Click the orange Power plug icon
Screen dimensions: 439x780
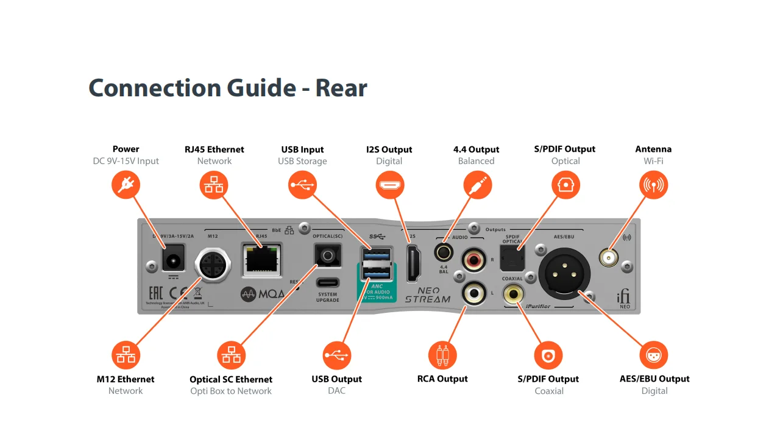(x=126, y=184)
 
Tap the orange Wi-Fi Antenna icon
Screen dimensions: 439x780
(x=653, y=184)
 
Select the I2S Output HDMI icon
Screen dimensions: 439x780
(x=389, y=184)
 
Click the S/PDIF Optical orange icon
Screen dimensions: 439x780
(x=565, y=184)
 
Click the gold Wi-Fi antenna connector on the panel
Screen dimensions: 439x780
(x=608, y=258)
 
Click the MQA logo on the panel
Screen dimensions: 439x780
(x=263, y=293)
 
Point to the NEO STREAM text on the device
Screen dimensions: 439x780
(x=427, y=294)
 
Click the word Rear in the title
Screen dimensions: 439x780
(x=341, y=88)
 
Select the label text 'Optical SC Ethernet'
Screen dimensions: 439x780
(x=230, y=379)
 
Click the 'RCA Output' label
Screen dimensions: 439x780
(x=442, y=379)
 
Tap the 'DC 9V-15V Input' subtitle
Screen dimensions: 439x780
(x=126, y=161)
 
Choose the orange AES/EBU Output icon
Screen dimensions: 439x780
(x=654, y=355)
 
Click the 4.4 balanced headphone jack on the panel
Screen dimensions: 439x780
(x=443, y=251)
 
